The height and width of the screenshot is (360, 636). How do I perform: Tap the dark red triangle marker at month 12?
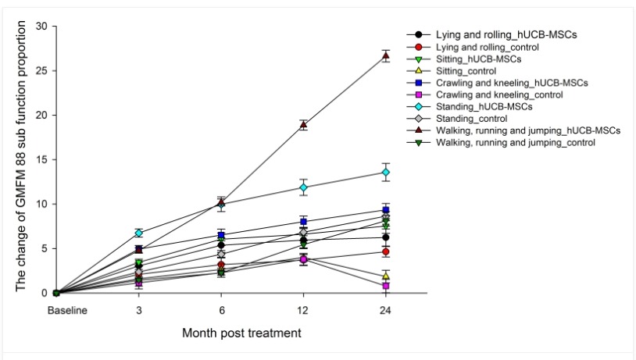[x=303, y=125]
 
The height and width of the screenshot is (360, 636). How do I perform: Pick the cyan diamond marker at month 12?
[x=303, y=187]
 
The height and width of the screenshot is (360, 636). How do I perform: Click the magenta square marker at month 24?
[x=385, y=286]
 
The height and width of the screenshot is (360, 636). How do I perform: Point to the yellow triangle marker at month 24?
[x=385, y=276]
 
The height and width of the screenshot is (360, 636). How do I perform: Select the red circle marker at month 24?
[x=385, y=251]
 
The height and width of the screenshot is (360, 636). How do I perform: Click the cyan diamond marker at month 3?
[x=139, y=233]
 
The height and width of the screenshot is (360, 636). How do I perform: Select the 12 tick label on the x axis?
[x=303, y=310]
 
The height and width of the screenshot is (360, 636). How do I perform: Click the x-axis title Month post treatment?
[x=241, y=333]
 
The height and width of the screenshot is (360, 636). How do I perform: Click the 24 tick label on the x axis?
[x=385, y=310]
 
